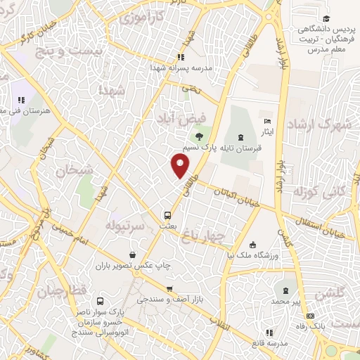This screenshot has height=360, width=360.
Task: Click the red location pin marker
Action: (x=181, y=167)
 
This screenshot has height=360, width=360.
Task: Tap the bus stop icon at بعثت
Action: (x=167, y=215)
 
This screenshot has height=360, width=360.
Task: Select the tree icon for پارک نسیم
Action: (x=200, y=136)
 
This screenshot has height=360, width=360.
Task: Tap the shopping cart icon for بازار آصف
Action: (x=169, y=288)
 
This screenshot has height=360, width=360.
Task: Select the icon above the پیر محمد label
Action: (x=286, y=290)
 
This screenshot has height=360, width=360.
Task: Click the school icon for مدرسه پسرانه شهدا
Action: (x=181, y=57)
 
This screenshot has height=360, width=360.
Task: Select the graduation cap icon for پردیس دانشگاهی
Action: (x=326, y=19)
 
